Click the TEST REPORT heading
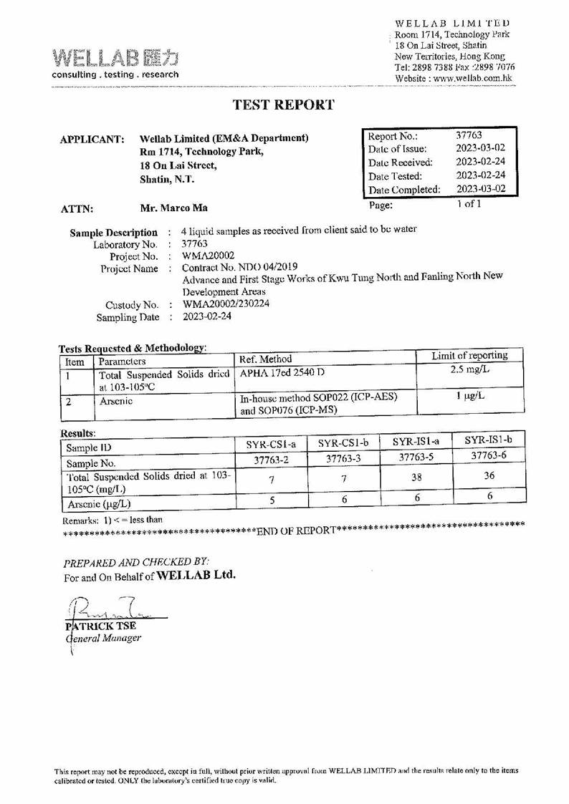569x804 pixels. pos(284,105)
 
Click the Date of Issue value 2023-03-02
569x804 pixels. pos(480,148)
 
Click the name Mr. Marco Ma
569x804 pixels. pos(174,208)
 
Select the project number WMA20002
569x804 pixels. pos(206,256)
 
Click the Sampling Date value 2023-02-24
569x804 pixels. pos(207,316)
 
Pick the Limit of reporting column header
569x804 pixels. pos(469,356)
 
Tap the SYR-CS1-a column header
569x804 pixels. pos(267,444)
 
